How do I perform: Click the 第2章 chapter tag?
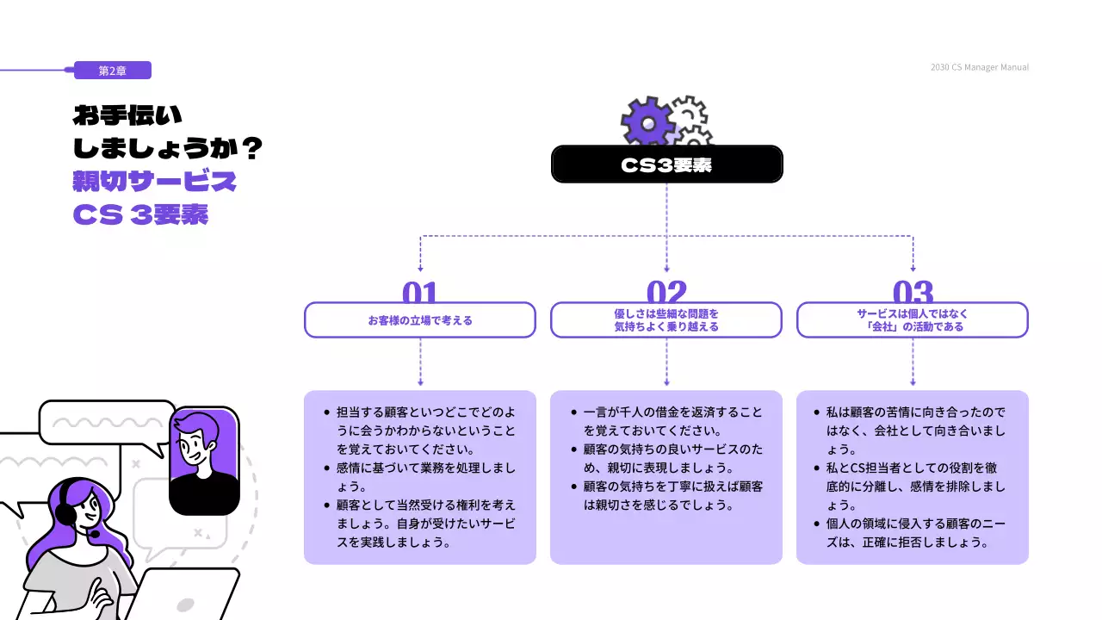coord(113,71)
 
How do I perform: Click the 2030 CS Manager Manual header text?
coord(979,67)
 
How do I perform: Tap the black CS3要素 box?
coord(666,164)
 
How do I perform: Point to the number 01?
coord(420,293)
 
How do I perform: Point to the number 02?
coord(666,293)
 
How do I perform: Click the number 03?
coord(913,293)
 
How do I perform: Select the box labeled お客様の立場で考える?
coord(420,320)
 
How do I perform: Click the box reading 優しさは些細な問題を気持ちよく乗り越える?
coord(666,320)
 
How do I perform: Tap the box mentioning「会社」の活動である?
coord(913,320)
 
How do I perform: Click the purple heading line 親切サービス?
coord(155,182)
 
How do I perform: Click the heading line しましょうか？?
coord(168,149)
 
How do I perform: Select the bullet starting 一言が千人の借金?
coord(672,421)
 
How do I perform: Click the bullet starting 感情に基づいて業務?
coord(426,477)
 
